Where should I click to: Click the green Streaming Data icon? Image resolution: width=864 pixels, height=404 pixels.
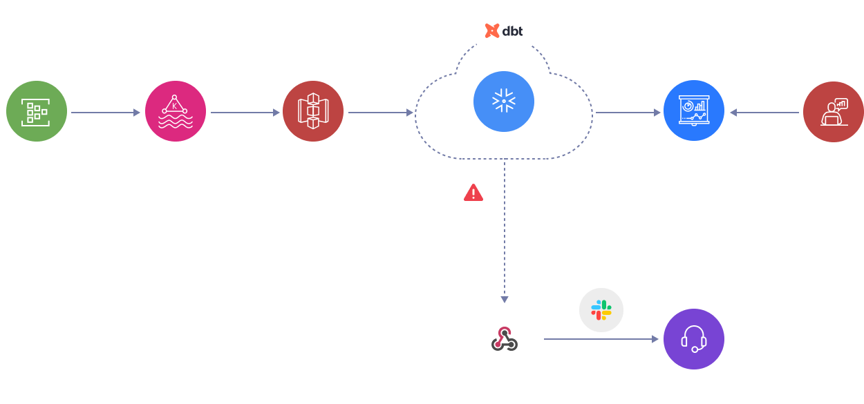pos(37,111)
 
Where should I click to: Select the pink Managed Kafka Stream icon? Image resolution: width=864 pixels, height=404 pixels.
pos(176,111)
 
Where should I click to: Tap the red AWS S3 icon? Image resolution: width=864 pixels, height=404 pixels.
pos(313,111)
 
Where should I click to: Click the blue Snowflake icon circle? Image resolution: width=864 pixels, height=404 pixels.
pos(504,102)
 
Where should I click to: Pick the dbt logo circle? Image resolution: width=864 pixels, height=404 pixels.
pos(504,30)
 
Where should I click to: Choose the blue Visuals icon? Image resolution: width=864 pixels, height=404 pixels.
pos(693,111)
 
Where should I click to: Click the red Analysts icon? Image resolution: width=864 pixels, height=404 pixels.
pos(833,111)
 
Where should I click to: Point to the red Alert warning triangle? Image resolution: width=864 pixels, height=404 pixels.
pos(473,192)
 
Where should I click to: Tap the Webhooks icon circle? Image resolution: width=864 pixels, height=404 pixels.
pos(505,339)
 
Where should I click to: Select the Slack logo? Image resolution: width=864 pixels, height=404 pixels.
pos(601,310)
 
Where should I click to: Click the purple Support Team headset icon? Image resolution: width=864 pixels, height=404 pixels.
pos(693,339)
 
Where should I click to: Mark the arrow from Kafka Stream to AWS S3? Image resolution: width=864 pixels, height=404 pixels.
pos(245,112)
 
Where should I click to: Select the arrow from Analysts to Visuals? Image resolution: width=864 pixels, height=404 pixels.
pos(763,112)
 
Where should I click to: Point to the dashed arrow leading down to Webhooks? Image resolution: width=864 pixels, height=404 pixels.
pos(505,235)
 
